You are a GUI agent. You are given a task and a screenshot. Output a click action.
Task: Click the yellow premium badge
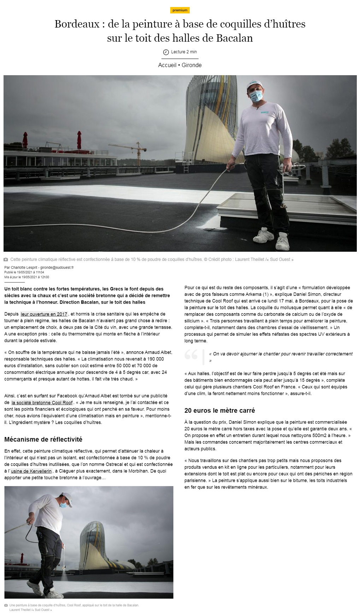click(180, 10)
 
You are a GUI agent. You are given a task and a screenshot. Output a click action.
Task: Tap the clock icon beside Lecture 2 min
click(166, 52)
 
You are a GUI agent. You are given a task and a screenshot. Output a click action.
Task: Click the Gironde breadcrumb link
click(191, 65)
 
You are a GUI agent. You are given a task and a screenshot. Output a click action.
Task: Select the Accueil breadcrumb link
click(167, 65)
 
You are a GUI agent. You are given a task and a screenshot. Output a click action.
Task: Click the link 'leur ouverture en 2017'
click(44, 314)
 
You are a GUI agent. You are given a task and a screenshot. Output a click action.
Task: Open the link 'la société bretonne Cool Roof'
click(42, 402)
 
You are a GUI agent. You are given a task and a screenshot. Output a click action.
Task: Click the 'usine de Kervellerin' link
click(31, 471)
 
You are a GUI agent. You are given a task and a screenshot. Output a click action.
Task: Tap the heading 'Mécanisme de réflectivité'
click(43, 439)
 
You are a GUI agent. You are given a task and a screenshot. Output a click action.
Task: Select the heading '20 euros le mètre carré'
click(219, 410)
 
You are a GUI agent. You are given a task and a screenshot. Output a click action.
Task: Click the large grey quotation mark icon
click(191, 354)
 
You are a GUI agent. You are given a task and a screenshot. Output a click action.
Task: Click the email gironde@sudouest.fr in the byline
click(57, 268)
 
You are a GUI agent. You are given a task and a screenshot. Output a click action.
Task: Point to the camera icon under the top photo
click(6, 259)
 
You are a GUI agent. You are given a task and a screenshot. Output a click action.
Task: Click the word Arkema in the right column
click(253, 294)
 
